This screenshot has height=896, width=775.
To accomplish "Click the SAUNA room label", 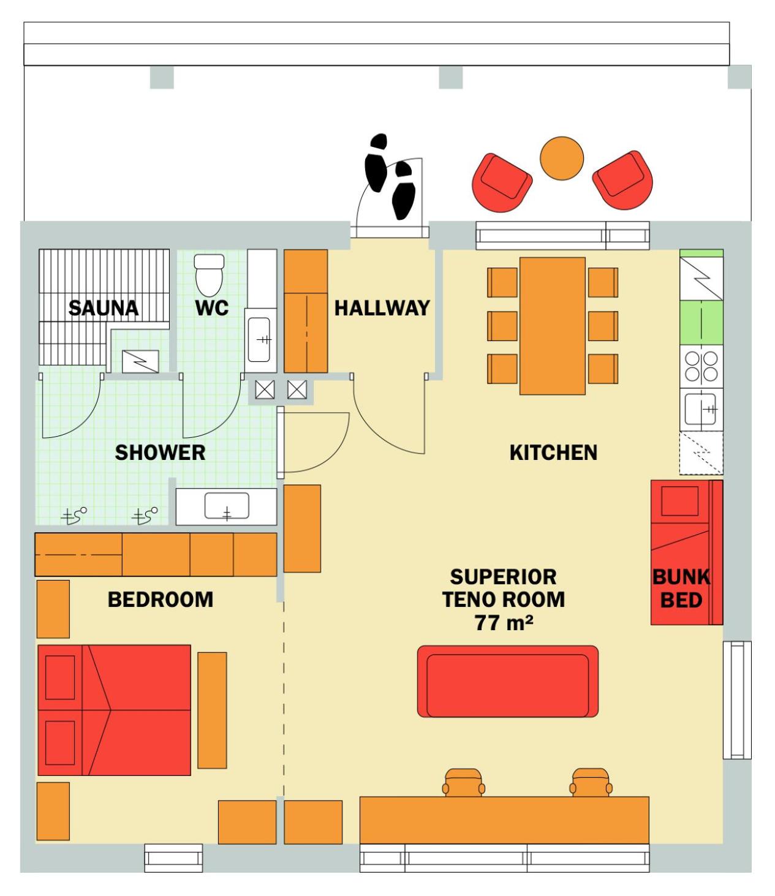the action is click(x=104, y=308).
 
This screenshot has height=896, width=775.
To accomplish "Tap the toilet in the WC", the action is click(x=209, y=275).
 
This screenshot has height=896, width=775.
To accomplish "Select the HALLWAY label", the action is click(x=382, y=308).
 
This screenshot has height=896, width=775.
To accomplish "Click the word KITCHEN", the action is click(x=553, y=453).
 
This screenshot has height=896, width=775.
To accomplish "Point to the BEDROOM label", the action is click(x=161, y=600).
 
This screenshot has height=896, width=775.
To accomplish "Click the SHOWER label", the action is click(x=160, y=453).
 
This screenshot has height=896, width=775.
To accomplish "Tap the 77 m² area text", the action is click(x=504, y=623).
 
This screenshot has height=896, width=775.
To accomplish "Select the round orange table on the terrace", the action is click(x=562, y=158).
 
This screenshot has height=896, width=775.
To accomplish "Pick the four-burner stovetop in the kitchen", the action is click(x=701, y=366).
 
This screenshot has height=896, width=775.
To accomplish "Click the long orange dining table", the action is click(x=553, y=326).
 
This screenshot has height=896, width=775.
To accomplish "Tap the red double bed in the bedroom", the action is click(x=115, y=710).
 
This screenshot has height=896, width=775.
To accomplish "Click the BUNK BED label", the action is click(x=681, y=589).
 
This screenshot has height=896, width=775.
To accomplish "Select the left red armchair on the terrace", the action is click(x=502, y=183).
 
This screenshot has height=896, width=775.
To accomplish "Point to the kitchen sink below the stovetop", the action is click(x=700, y=409).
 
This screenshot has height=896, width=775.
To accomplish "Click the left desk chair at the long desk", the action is click(x=464, y=783).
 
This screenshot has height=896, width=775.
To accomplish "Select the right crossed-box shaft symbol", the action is click(x=297, y=390).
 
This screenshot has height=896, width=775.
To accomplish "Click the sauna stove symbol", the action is click(x=140, y=361).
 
